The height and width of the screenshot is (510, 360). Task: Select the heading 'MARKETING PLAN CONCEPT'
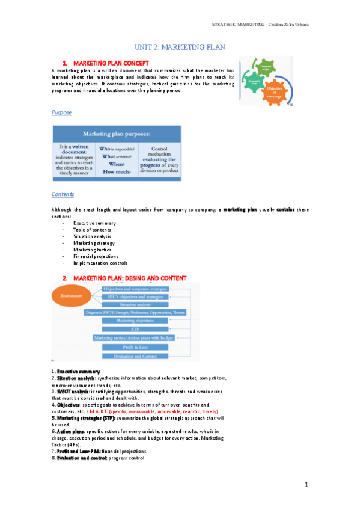111,63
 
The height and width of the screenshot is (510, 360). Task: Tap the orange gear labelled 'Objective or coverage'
274,90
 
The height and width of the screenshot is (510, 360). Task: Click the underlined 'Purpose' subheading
61,112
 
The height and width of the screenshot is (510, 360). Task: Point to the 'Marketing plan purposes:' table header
117,134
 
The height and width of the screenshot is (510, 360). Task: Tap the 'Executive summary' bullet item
94,223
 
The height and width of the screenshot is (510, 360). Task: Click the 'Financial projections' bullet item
96,256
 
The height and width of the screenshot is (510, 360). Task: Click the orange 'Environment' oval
71,296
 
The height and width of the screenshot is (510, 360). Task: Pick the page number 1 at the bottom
306,485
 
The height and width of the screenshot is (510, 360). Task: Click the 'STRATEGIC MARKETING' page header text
238,25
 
